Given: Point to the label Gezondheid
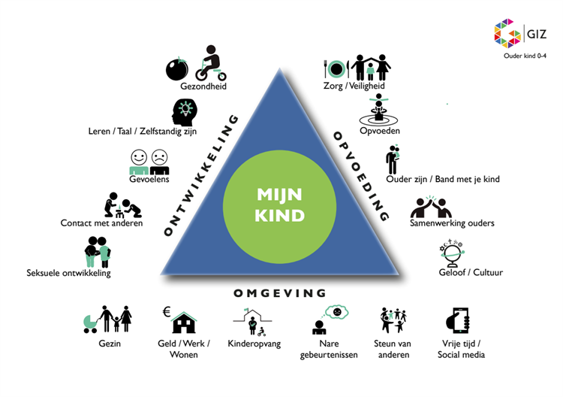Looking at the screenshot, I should [x=203, y=86].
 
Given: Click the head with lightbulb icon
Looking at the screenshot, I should [x=185, y=113].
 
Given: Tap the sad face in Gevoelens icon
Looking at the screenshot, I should [x=159, y=159].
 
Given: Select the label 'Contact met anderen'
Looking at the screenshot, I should [x=101, y=223].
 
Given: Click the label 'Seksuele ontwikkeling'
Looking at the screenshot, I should [x=68, y=273].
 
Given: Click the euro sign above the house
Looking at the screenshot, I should [x=166, y=311].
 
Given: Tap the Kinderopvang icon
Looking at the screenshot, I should [x=253, y=321].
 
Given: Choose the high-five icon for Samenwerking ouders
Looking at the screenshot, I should [x=430, y=206].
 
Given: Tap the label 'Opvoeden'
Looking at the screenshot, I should [x=381, y=131].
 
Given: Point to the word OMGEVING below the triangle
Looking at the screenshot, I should [x=280, y=293].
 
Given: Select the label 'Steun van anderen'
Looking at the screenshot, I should [x=394, y=349].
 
